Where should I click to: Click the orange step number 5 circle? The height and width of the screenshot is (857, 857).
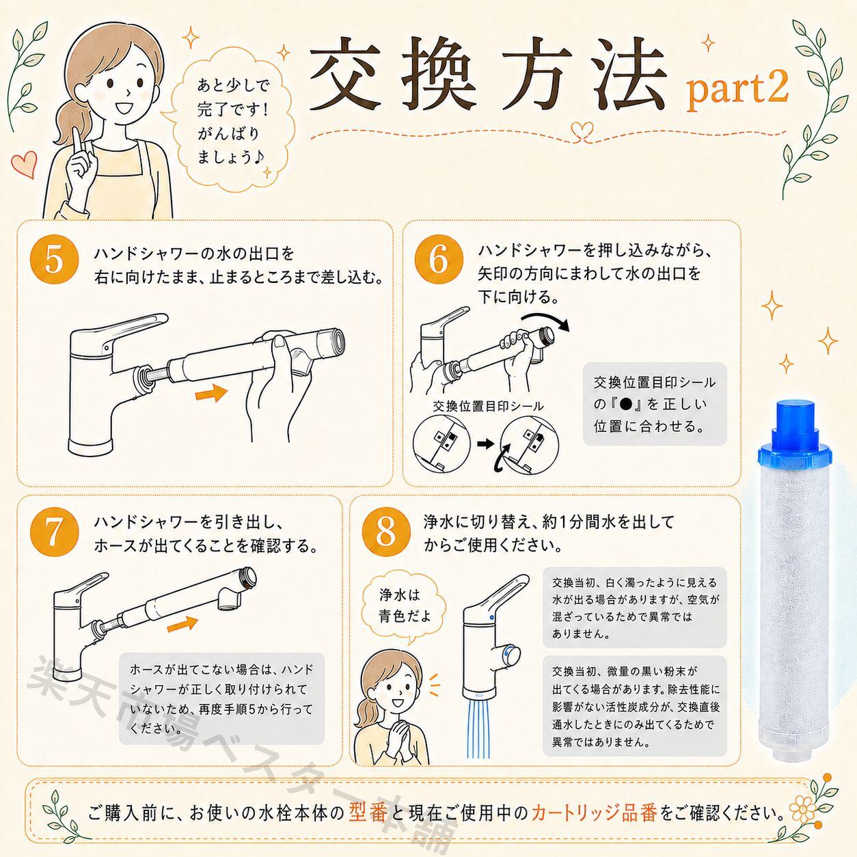(x=54, y=260)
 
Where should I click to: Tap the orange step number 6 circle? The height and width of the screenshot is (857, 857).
(x=439, y=259)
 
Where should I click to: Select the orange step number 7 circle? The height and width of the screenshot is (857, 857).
(x=54, y=533)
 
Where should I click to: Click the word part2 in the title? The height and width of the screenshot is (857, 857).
(x=737, y=91)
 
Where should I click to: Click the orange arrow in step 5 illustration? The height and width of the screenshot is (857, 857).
(x=212, y=393)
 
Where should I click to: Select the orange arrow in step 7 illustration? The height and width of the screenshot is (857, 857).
(x=182, y=624)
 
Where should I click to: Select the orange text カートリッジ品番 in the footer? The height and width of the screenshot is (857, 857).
(x=594, y=813)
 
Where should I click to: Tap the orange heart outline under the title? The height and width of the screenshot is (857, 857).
(x=582, y=131)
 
